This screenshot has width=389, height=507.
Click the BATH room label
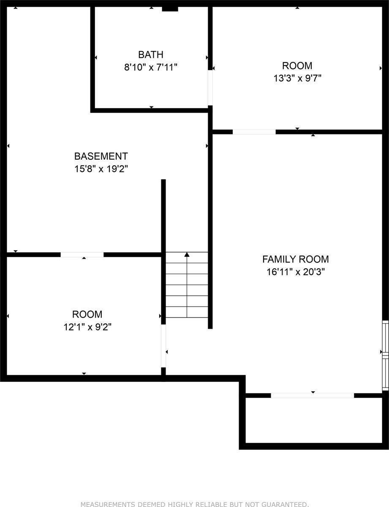tap(151, 55)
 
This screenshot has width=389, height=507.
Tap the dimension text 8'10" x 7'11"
tap(151, 67)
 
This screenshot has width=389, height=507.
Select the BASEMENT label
tap(101, 156)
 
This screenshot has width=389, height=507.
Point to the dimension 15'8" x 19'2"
tap(101, 169)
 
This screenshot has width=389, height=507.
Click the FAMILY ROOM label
tap(295, 259)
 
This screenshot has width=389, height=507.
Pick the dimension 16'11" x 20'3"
tap(295, 272)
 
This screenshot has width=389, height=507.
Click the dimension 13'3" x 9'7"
tap(297, 78)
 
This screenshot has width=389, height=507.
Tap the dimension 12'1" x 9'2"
tap(87, 327)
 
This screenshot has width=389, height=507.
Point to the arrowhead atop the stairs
tap(187, 254)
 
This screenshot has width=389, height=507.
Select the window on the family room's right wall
tap(385, 355)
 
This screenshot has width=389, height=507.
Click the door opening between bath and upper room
tap(210, 87)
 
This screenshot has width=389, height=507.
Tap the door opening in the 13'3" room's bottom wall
tap(254, 132)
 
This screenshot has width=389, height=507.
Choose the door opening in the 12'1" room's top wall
tap(82, 254)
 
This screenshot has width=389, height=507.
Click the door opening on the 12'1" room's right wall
tap(163, 346)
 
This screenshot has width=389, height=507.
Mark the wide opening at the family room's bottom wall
tap(312, 395)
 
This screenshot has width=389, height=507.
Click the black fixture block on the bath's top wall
tap(170, 8)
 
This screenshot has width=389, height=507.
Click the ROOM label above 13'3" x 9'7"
tap(297, 66)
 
